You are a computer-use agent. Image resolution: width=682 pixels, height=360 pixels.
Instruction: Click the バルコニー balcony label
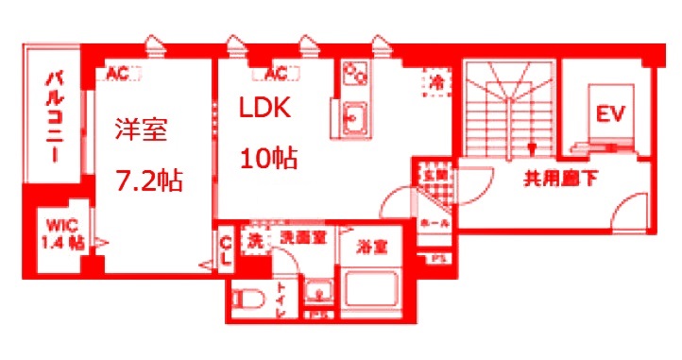(x=54, y=116)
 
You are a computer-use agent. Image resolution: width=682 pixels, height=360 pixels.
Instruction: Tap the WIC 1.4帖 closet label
(x=62, y=233)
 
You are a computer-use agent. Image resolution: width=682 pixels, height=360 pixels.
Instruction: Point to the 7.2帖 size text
(x=149, y=179)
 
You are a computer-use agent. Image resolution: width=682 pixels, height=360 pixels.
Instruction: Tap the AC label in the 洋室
(x=118, y=72)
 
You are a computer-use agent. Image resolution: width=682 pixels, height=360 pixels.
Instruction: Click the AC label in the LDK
(x=277, y=73)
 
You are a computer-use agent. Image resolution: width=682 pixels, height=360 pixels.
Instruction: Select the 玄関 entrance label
(x=435, y=174)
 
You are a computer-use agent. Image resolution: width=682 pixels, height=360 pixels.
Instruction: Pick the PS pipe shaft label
(x=437, y=258)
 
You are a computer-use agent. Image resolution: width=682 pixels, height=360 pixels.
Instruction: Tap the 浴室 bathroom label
(x=370, y=248)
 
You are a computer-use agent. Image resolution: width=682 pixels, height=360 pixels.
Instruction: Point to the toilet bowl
(x=251, y=299)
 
